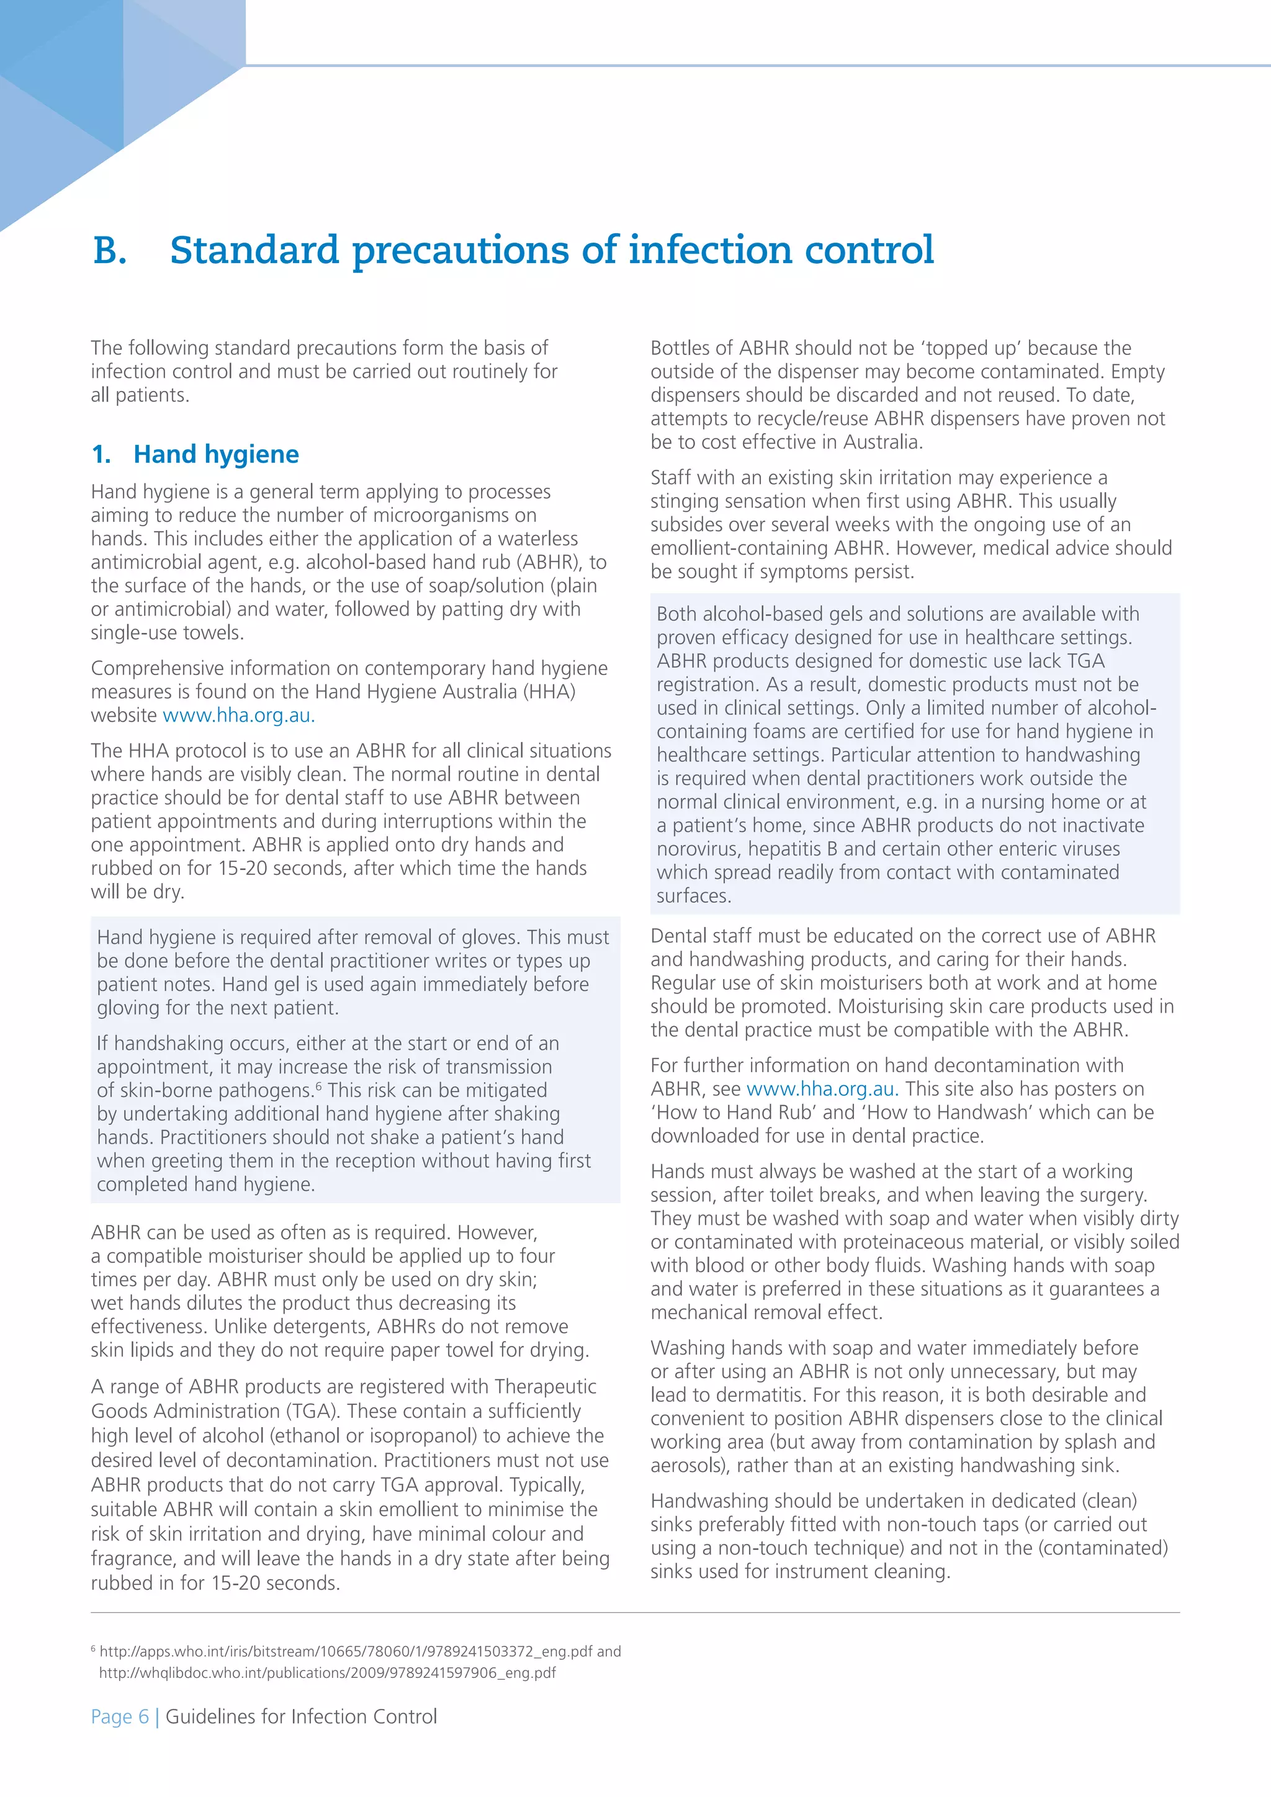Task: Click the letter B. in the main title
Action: [x=110, y=251]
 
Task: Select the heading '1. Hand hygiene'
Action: [x=195, y=454]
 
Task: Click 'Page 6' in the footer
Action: [x=120, y=1716]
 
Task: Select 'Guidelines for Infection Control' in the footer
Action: [x=302, y=1716]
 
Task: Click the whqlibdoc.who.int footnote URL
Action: [x=327, y=1672]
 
